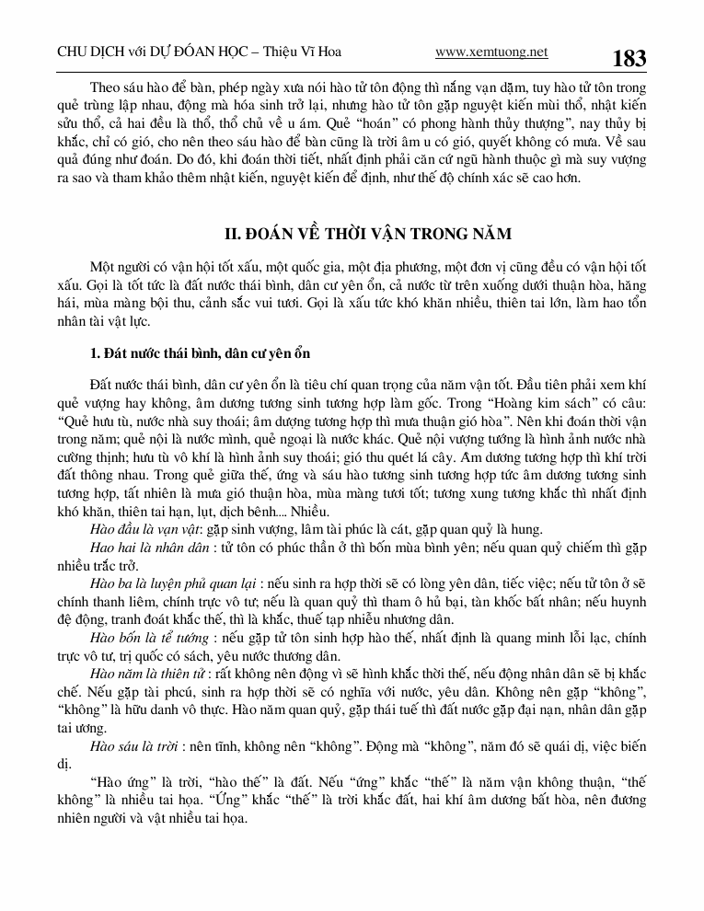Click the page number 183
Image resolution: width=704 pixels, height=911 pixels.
(629, 59)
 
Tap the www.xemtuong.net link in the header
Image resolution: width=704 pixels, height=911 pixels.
(490, 52)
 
